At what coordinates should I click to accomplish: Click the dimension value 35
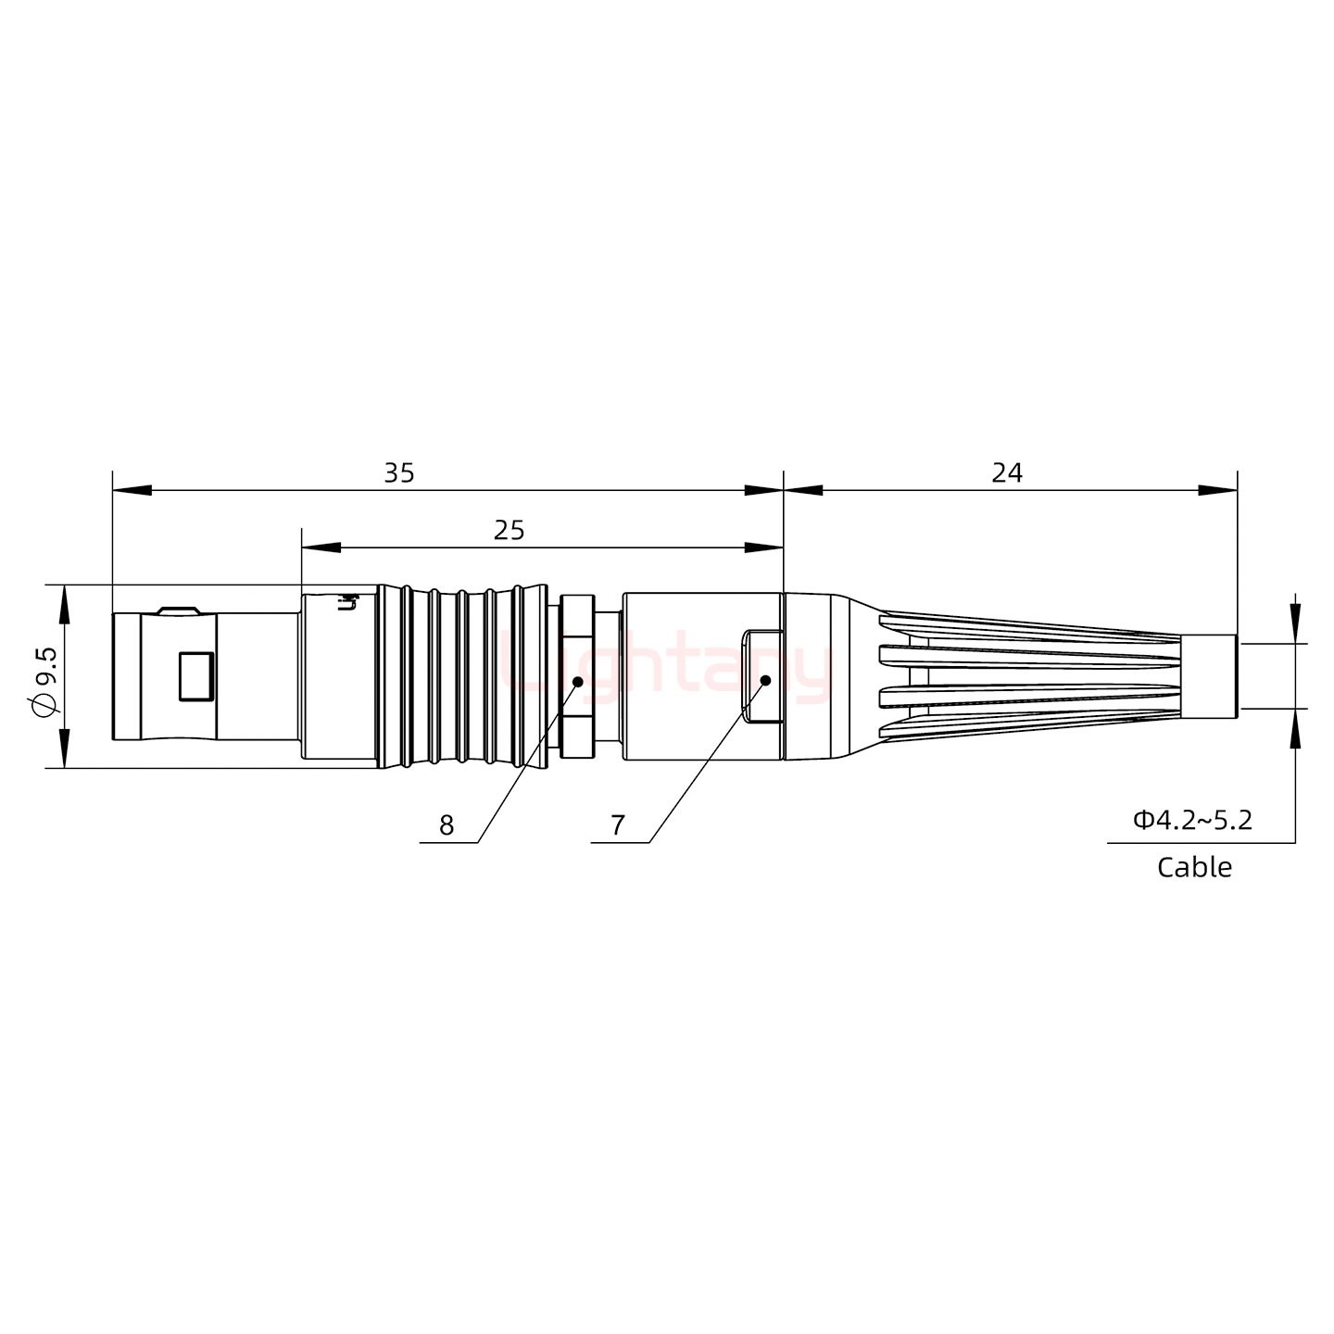click(x=399, y=473)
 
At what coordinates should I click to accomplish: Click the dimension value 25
click(x=509, y=531)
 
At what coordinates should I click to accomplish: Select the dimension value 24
click(x=1007, y=473)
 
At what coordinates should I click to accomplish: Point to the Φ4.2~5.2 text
click(x=1192, y=820)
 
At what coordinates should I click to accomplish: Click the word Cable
click(x=1194, y=868)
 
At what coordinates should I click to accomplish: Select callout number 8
click(x=447, y=825)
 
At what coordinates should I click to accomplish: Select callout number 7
click(x=618, y=825)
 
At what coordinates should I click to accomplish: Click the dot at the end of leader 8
click(x=577, y=682)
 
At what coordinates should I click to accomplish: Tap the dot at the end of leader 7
click(x=766, y=681)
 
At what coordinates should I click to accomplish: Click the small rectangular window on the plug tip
click(x=195, y=676)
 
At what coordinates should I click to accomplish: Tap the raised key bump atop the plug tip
click(x=177, y=610)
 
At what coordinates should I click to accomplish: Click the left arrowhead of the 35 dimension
click(x=131, y=490)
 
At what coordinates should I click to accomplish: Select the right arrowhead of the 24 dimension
click(x=1218, y=490)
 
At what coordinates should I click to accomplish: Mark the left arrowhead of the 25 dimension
click(x=321, y=548)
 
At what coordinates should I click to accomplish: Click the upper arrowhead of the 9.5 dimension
click(x=64, y=603)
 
